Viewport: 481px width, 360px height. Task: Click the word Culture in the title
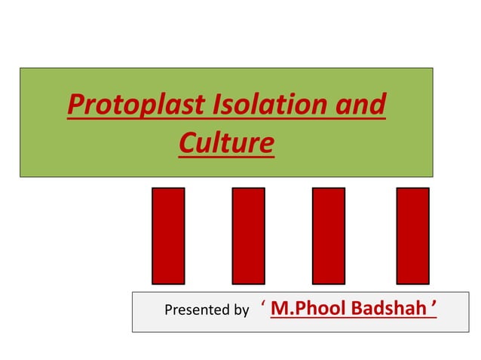(x=226, y=141)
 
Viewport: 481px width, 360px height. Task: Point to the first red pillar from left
(x=168, y=236)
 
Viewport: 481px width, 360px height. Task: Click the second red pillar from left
(x=248, y=236)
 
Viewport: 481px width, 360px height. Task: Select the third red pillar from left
(x=329, y=236)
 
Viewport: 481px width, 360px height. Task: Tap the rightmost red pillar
(x=412, y=236)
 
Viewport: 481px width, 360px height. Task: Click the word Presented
(x=195, y=310)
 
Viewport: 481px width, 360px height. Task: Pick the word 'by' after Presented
(x=241, y=310)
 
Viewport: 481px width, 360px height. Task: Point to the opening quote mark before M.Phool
(x=263, y=304)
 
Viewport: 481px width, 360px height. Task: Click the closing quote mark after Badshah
(x=434, y=304)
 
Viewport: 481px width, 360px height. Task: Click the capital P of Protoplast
(x=75, y=106)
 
